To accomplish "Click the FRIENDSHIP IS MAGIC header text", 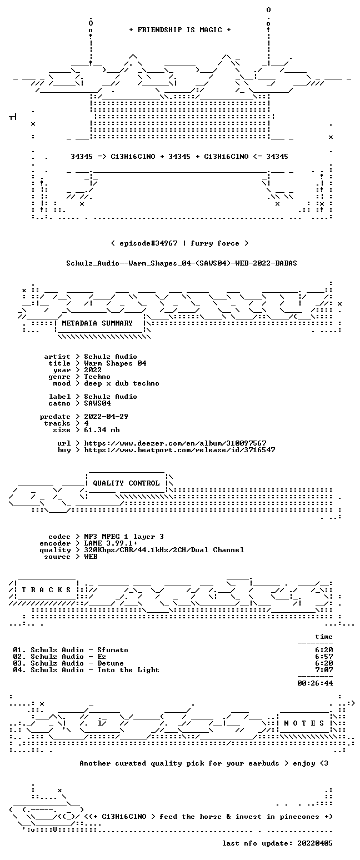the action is (180, 30).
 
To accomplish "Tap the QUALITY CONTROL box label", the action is (126, 483).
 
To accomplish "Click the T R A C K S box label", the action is (47, 589).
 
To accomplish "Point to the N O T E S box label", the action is (304, 723).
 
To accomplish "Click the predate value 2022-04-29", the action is (106, 417).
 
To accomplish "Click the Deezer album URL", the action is (175, 443).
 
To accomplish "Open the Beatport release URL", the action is (179, 450).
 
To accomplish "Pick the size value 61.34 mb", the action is (102, 430).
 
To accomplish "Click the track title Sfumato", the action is (112, 650).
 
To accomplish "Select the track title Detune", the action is (111, 663).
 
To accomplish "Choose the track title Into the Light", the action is (128, 670).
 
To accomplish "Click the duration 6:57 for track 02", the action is (324, 657).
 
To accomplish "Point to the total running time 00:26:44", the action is (315, 683).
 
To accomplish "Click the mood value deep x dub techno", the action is (122, 383).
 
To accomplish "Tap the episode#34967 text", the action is (148, 243).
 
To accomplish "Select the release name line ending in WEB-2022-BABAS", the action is (182, 263).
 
